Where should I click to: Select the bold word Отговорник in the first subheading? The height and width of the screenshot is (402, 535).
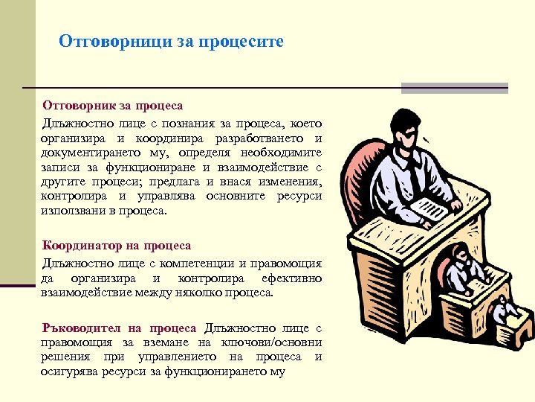pos(78,106)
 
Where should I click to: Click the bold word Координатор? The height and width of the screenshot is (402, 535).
pos(85,245)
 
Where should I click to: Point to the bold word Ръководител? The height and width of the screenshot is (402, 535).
pos(81,328)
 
